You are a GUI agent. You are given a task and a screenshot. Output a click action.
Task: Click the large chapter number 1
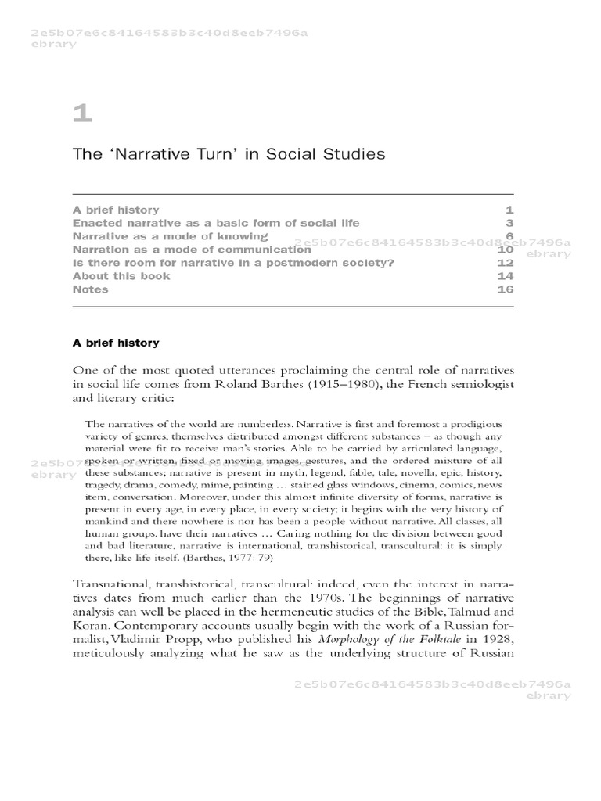pos(82,115)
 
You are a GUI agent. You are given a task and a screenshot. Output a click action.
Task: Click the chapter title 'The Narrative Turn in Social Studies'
pos(229,154)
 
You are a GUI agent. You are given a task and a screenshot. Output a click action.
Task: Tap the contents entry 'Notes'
pos(90,289)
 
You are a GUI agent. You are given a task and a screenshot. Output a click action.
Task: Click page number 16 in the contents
pos(504,289)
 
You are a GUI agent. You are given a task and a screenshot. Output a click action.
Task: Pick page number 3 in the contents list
pos(508,223)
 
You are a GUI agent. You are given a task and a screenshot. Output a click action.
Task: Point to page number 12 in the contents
pos(504,263)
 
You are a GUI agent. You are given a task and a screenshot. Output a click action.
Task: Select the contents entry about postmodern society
pos(233,263)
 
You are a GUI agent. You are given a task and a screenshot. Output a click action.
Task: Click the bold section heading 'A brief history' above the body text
pos(116,343)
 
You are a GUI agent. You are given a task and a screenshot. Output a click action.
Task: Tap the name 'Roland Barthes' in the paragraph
pos(283,384)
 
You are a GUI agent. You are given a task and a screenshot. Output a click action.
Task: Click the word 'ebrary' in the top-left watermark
pos(52,44)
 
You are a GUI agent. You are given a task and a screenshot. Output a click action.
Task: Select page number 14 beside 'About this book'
pos(504,276)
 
